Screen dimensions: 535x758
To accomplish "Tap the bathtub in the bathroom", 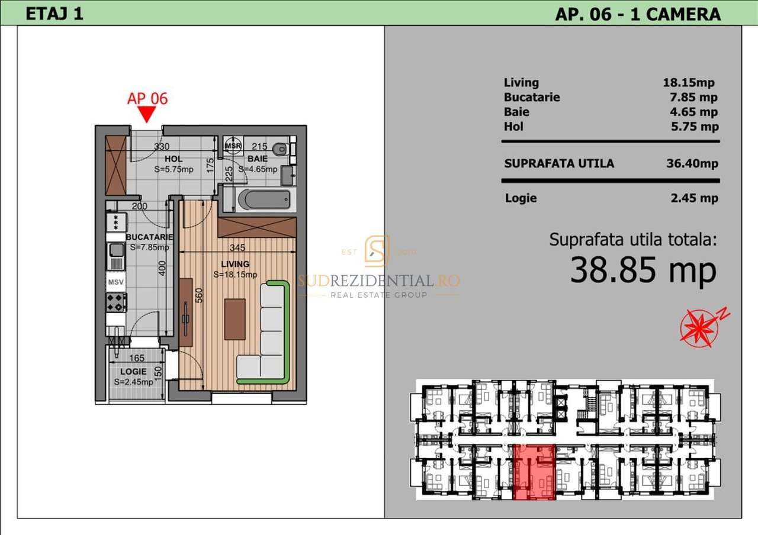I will tap(264, 199).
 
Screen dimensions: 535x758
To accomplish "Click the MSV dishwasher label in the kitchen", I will tap(116, 282).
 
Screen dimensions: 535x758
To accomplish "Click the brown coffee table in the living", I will tap(235, 319).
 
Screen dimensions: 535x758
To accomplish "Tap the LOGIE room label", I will tap(133, 371).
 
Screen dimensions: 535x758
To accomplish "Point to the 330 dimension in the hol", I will tap(162, 147).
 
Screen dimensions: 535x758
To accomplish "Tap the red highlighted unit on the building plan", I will tap(534, 472).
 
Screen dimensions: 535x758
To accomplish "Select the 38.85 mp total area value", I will tap(643, 271).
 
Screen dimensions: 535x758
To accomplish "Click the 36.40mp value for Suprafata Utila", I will tap(692, 163).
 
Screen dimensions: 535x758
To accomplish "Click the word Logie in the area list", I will tap(521, 198).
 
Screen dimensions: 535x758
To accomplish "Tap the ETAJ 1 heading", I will tap(54, 14).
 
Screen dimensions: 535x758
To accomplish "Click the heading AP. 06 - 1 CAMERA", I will tap(637, 14).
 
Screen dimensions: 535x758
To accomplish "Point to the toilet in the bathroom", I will tap(281, 148).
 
